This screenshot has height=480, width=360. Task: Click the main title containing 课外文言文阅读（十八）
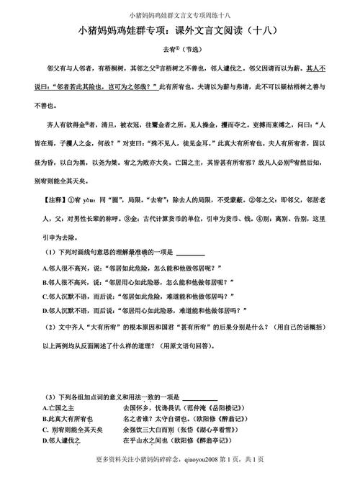point(179,31)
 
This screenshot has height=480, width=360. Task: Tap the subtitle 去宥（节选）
point(179,51)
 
